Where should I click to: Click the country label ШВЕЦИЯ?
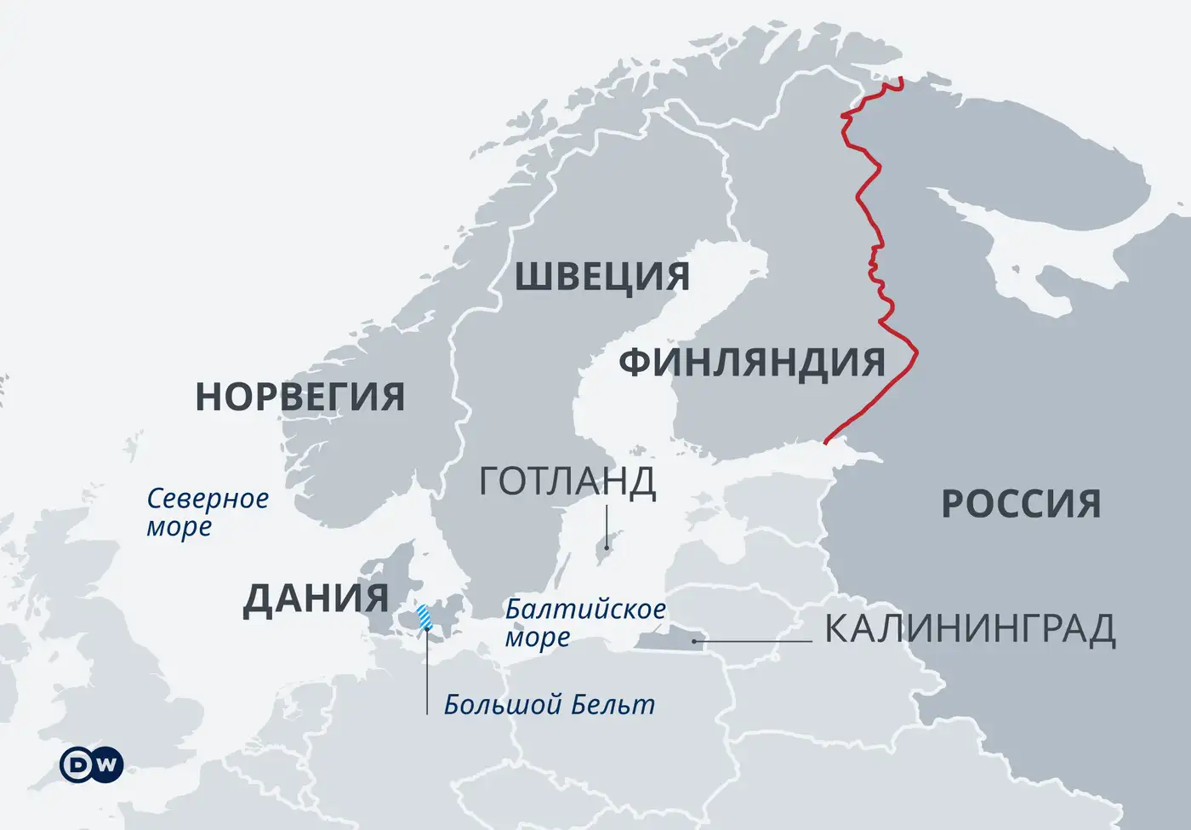[x=601, y=278]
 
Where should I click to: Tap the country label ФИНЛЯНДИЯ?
[x=752, y=363]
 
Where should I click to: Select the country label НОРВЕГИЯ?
[x=299, y=397]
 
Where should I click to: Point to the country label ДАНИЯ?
[x=316, y=599]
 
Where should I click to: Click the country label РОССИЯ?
[x=1021, y=504]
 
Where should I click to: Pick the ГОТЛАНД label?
[x=567, y=482]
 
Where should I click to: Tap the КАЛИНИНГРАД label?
[x=970, y=630]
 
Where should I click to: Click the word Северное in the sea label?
[x=208, y=499]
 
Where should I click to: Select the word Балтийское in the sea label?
[x=585, y=610]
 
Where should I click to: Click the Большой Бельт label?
[x=550, y=705]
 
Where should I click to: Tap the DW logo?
[x=91, y=764]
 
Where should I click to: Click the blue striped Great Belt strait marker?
[x=424, y=615]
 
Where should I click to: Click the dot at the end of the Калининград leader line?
[x=695, y=641]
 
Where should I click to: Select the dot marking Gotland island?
[x=606, y=547]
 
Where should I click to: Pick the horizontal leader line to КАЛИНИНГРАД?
[x=753, y=641]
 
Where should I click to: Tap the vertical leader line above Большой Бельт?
[x=427, y=673]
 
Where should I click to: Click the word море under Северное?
[x=179, y=528]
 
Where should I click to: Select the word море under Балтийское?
[x=537, y=638]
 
